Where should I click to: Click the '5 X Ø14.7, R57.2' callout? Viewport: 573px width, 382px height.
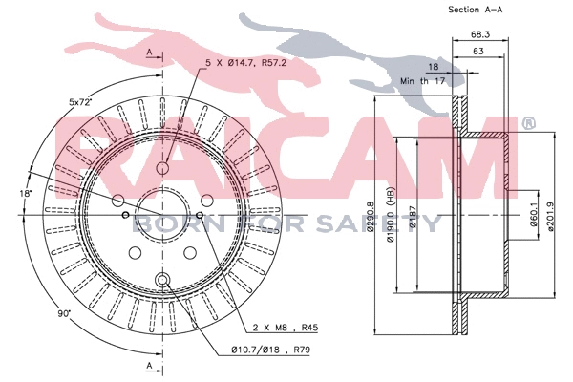coord(246,63)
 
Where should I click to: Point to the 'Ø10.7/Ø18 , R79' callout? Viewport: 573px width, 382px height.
coord(270,350)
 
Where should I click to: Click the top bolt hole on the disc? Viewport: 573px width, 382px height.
coord(162,168)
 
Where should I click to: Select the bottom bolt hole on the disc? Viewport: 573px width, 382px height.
coord(162,280)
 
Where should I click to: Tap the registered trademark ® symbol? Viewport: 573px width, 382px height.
coord(528,123)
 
